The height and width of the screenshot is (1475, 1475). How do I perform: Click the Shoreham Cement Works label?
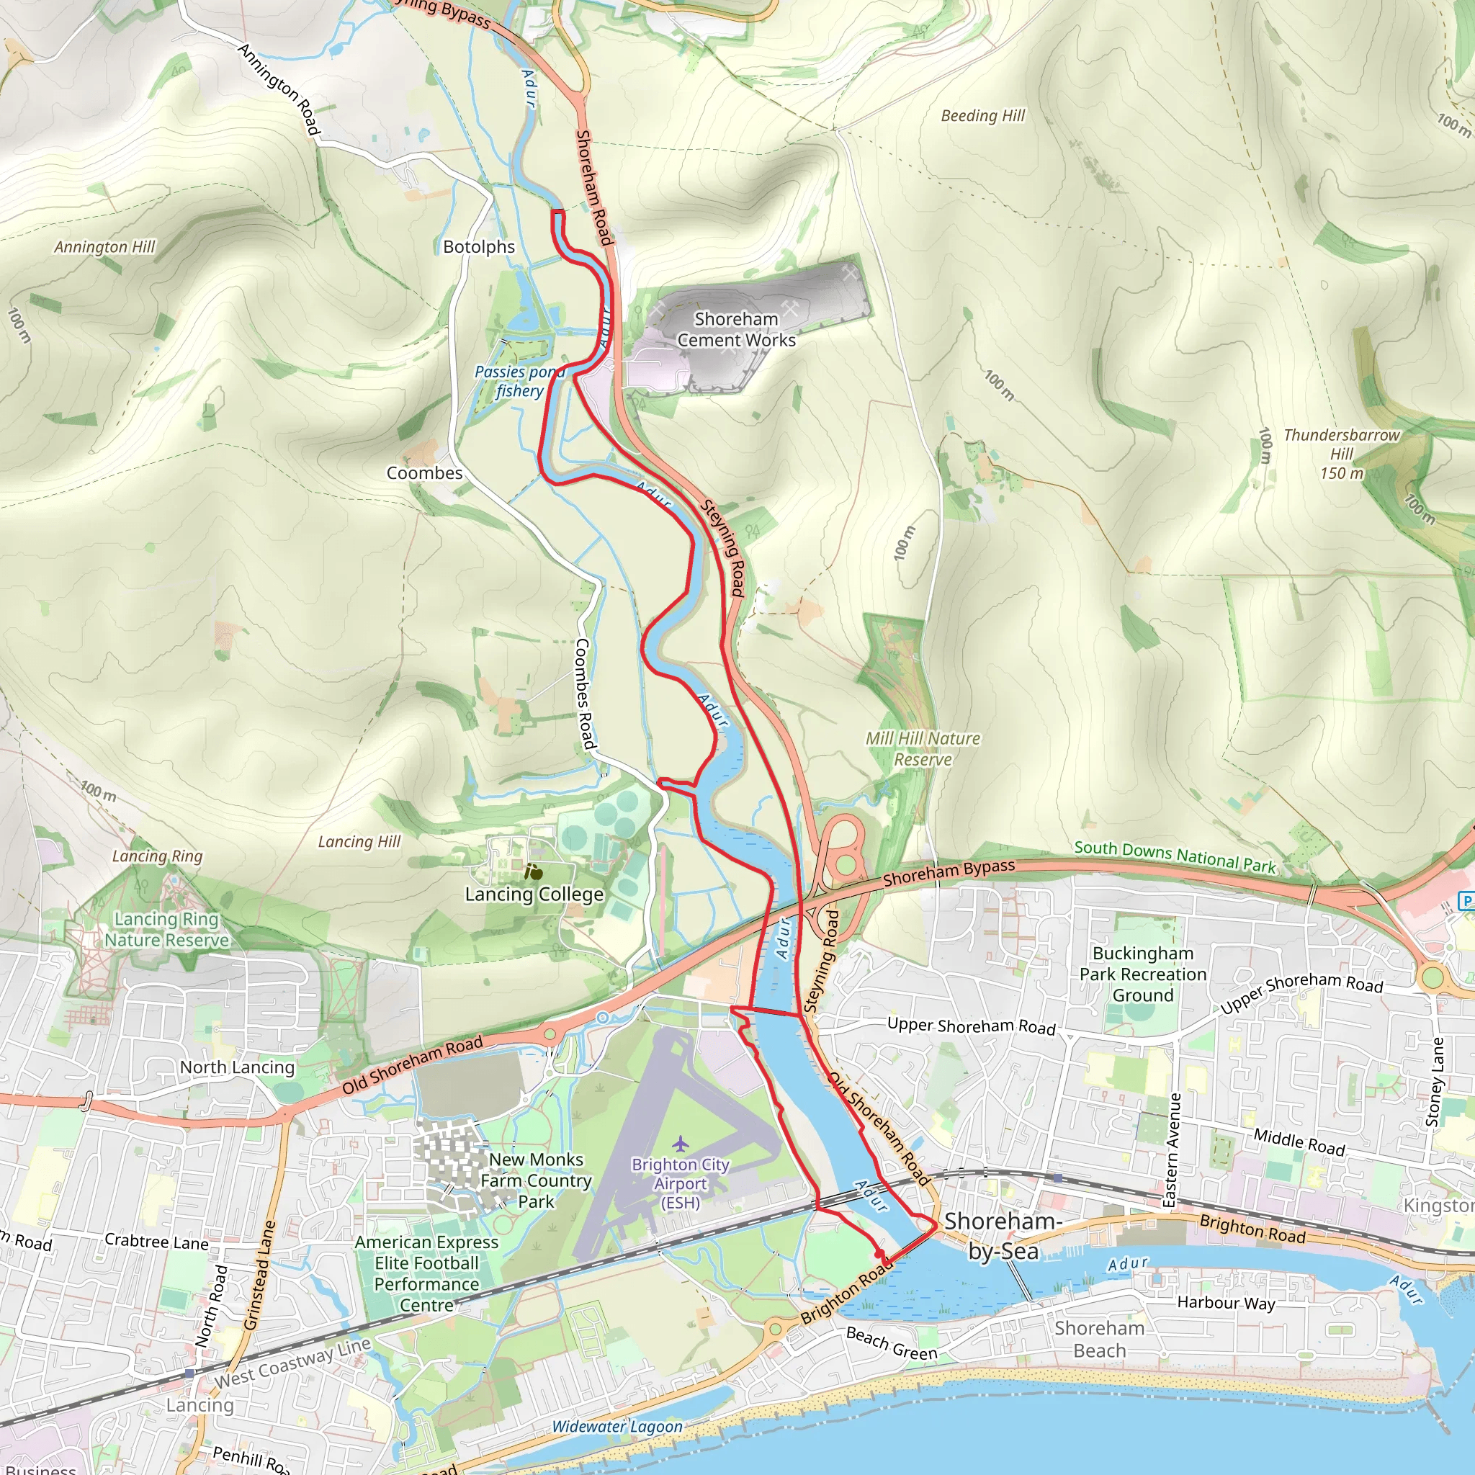click(736, 330)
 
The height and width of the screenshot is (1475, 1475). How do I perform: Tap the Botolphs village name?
click(479, 246)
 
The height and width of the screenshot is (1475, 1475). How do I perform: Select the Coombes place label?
click(424, 472)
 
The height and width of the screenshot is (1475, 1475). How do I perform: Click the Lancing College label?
click(534, 894)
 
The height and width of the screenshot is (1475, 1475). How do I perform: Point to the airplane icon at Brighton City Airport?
click(680, 1143)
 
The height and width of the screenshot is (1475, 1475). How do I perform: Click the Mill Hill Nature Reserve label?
click(923, 749)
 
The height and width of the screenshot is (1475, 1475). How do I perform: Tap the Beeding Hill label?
click(982, 116)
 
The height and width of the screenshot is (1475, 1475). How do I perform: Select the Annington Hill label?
click(104, 246)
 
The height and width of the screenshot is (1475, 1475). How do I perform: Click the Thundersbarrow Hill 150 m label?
click(1341, 454)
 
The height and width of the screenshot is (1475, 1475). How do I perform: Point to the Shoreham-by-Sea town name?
click(1003, 1235)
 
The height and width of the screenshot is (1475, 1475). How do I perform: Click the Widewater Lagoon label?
click(617, 1426)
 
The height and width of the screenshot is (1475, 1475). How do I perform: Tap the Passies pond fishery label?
click(520, 381)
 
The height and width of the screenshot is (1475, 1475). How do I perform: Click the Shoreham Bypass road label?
click(949, 874)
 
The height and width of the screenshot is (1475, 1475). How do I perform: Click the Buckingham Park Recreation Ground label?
click(1142, 974)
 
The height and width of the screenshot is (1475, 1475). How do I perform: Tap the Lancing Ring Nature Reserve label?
click(166, 929)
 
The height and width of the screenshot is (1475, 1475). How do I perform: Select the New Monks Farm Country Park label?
click(536, 1180)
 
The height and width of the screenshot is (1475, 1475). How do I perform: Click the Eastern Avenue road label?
click(1174, 1149)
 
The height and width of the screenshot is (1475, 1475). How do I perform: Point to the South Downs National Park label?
click(1174, 856)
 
